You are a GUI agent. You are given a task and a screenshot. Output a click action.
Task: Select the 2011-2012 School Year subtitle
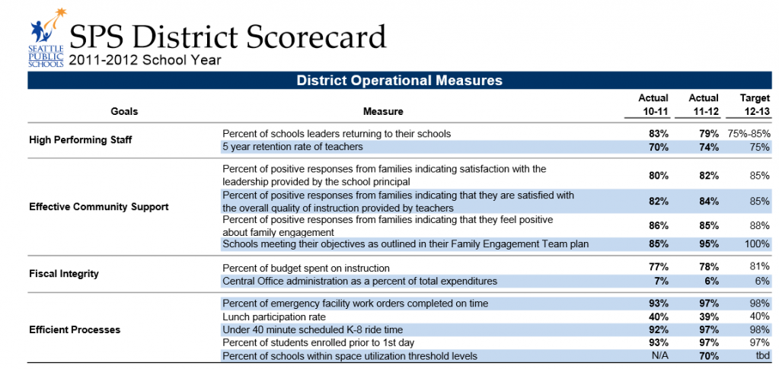click(x=145, y=60)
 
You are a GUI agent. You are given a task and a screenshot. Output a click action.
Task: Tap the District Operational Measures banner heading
click(x=399, y=80)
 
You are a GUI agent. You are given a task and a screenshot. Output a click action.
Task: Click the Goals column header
click(x=124, y=111)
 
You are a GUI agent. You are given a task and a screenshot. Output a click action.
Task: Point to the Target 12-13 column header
click(x=755, y=105)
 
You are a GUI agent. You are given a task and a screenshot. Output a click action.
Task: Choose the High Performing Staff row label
click(x=80, y=139)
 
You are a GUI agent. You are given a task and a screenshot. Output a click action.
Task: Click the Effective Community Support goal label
click(x=98, y=206)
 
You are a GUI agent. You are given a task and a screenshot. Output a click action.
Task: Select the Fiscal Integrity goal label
click(x=64, y=274)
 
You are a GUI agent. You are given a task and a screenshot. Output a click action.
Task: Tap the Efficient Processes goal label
click(x=75, y=329)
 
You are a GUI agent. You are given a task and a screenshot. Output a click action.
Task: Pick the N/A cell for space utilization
click(x=659, y=356)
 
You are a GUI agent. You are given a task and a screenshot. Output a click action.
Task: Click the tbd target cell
click(x=761, y=356)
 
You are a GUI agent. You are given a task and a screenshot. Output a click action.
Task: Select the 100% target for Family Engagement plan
click(x=755, y=244)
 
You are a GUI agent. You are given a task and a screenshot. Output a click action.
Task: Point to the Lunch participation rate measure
click(x=274, y=317)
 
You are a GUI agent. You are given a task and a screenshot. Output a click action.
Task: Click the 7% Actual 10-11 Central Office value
click(x=662, y=281)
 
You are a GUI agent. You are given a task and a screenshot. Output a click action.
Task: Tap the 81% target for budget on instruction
click(x=759, y=268)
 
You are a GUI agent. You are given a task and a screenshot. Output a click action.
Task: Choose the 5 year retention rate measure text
click(x=292, y=146)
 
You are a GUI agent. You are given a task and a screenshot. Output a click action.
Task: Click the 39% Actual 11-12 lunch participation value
click(x=709, y=317)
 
